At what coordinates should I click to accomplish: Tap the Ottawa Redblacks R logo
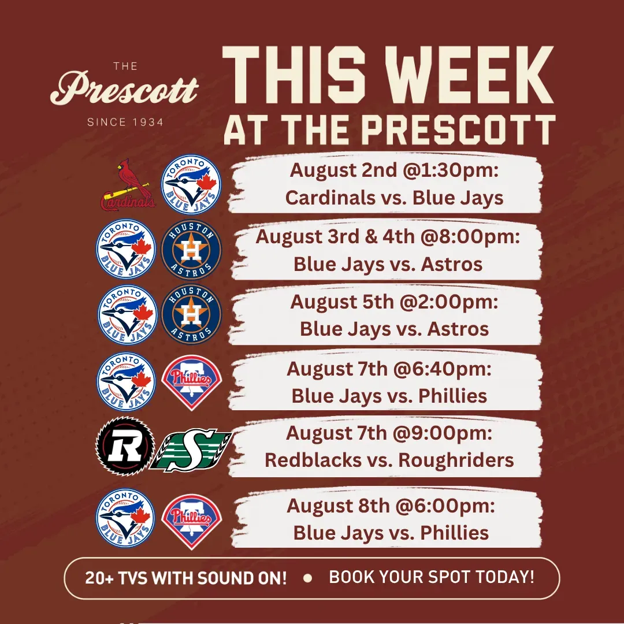click(125, 446)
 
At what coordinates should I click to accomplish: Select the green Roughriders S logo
click(191, 450)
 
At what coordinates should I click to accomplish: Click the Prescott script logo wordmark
click(124, 88)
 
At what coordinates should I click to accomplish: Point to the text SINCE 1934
click(125, 122)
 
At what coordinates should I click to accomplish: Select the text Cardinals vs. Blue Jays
click(395, 198)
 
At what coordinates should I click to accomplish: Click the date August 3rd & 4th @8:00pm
click(388, 237)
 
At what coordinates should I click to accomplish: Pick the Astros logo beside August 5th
click(191, 314)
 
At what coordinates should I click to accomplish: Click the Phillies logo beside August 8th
click(191, 521)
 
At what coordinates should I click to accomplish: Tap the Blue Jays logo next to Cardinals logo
click(191, 185)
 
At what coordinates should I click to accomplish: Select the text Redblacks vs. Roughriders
click(389, 460)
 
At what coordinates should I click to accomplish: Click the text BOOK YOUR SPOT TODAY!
click(432, 577)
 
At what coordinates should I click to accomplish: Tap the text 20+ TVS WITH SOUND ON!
click(186, 578)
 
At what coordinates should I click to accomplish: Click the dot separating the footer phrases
click(307, 578)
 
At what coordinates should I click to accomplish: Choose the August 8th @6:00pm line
click(391, 506)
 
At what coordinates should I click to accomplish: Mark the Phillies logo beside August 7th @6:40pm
click(191, 382)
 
